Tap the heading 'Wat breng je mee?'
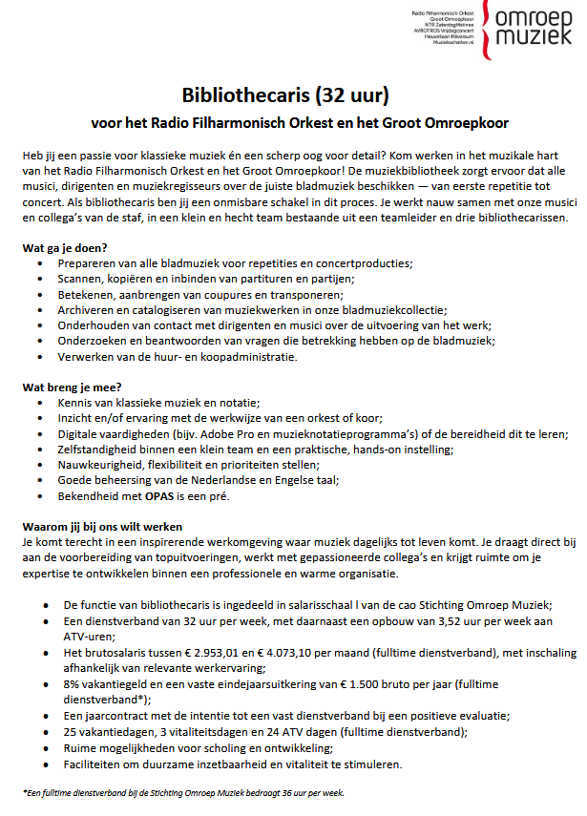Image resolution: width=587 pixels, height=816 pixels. pos(69,388)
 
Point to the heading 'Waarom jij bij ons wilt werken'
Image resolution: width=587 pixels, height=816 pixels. pos(102,528)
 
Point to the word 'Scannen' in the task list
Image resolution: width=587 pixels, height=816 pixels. pos(81,279)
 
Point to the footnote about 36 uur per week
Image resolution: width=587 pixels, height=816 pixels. pos(182,793)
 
